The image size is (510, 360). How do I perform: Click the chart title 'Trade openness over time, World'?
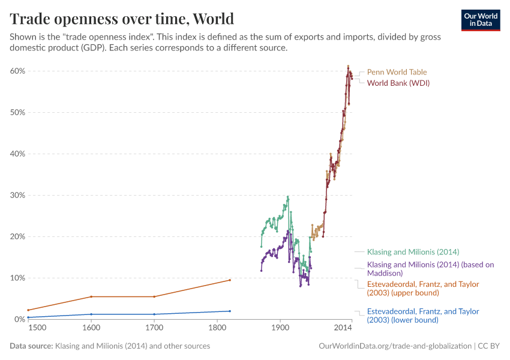click(x=122, y=19)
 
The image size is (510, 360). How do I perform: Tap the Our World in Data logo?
click(x=481, y=20)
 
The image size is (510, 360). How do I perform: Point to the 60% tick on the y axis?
click(x=17, y=71)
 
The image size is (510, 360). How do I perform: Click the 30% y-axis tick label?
click(x=17, y=195)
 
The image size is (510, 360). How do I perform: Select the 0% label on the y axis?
click(x=19, y=319)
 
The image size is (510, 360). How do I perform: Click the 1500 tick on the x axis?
click(x=36, y=328)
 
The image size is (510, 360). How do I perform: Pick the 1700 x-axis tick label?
click(x=154, y=328)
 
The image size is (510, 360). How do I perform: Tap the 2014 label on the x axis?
click(x=343, y=328)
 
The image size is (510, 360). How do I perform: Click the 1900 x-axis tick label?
click(x=280, y=328)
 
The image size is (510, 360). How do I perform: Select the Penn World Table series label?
click(x=397, y=72)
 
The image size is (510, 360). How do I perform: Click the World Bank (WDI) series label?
click(x=398, y=83)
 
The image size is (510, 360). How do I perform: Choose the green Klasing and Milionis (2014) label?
click(x=413, y=252)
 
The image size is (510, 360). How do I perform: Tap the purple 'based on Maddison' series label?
click(x=430, y=268)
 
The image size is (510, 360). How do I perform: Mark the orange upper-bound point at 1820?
click(x=230, y=280)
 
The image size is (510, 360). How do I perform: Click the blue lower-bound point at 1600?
click(x=91, y=314)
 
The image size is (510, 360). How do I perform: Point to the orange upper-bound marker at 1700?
click(x=154, y=296)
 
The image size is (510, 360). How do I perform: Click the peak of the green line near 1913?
click(x=288, y=196)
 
